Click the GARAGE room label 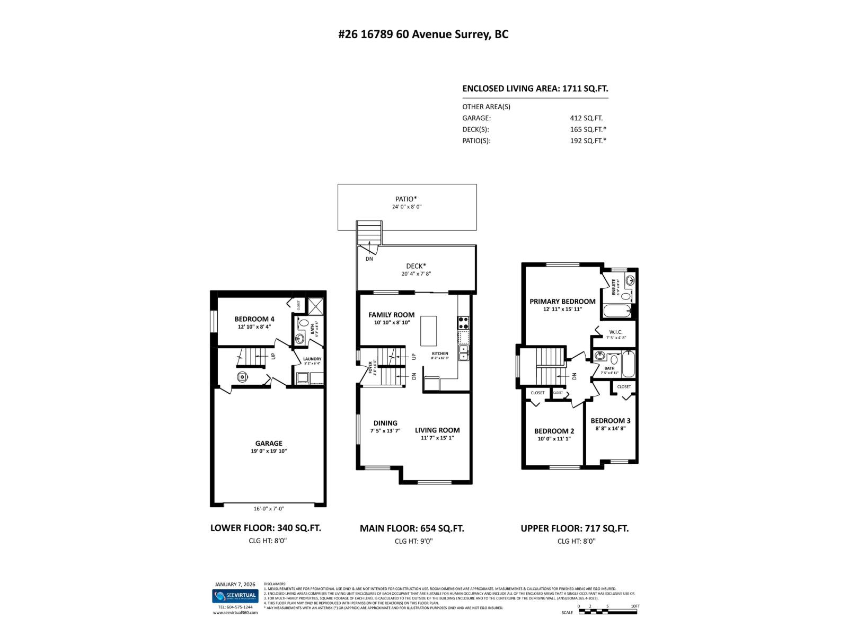coord(269,443)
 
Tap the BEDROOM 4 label coord(254,319)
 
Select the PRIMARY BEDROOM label coord(562,301)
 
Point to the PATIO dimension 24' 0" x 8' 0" coord(407,207)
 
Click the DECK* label coord(416,266)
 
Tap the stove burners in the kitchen coord(463,320)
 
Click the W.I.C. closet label coord(616,332)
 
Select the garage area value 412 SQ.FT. coord(586,118)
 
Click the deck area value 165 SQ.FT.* coord(588,129)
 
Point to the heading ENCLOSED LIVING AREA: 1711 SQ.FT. coord(535,89)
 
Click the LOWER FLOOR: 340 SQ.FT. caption coord(266,528)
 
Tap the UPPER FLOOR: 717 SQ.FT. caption coord(575,528)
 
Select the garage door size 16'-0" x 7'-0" coord(269,509)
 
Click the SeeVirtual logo coord(235,596)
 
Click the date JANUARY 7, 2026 coord(235,585)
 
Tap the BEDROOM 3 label coord(611,421)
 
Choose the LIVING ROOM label coord(437,430)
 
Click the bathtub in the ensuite coord(617,311)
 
